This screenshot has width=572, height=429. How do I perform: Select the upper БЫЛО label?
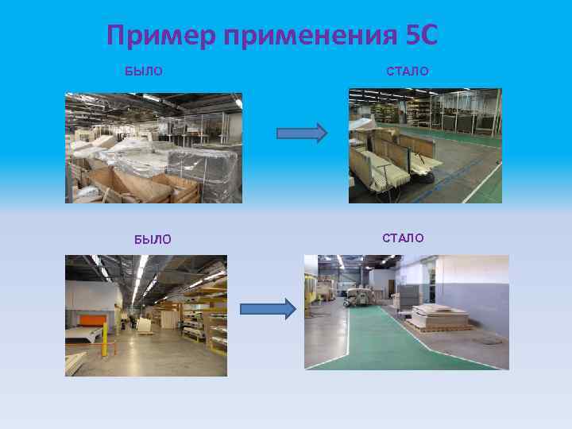tap(144, 71)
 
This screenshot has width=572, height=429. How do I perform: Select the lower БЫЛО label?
tap(153, 239)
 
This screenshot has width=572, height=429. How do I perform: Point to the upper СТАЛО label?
tap(408, 71)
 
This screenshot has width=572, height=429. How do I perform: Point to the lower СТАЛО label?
tap(403, 238)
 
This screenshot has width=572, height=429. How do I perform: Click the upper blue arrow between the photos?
tap(301, 133)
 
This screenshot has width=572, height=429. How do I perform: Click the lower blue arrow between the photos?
tap(267, 308)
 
